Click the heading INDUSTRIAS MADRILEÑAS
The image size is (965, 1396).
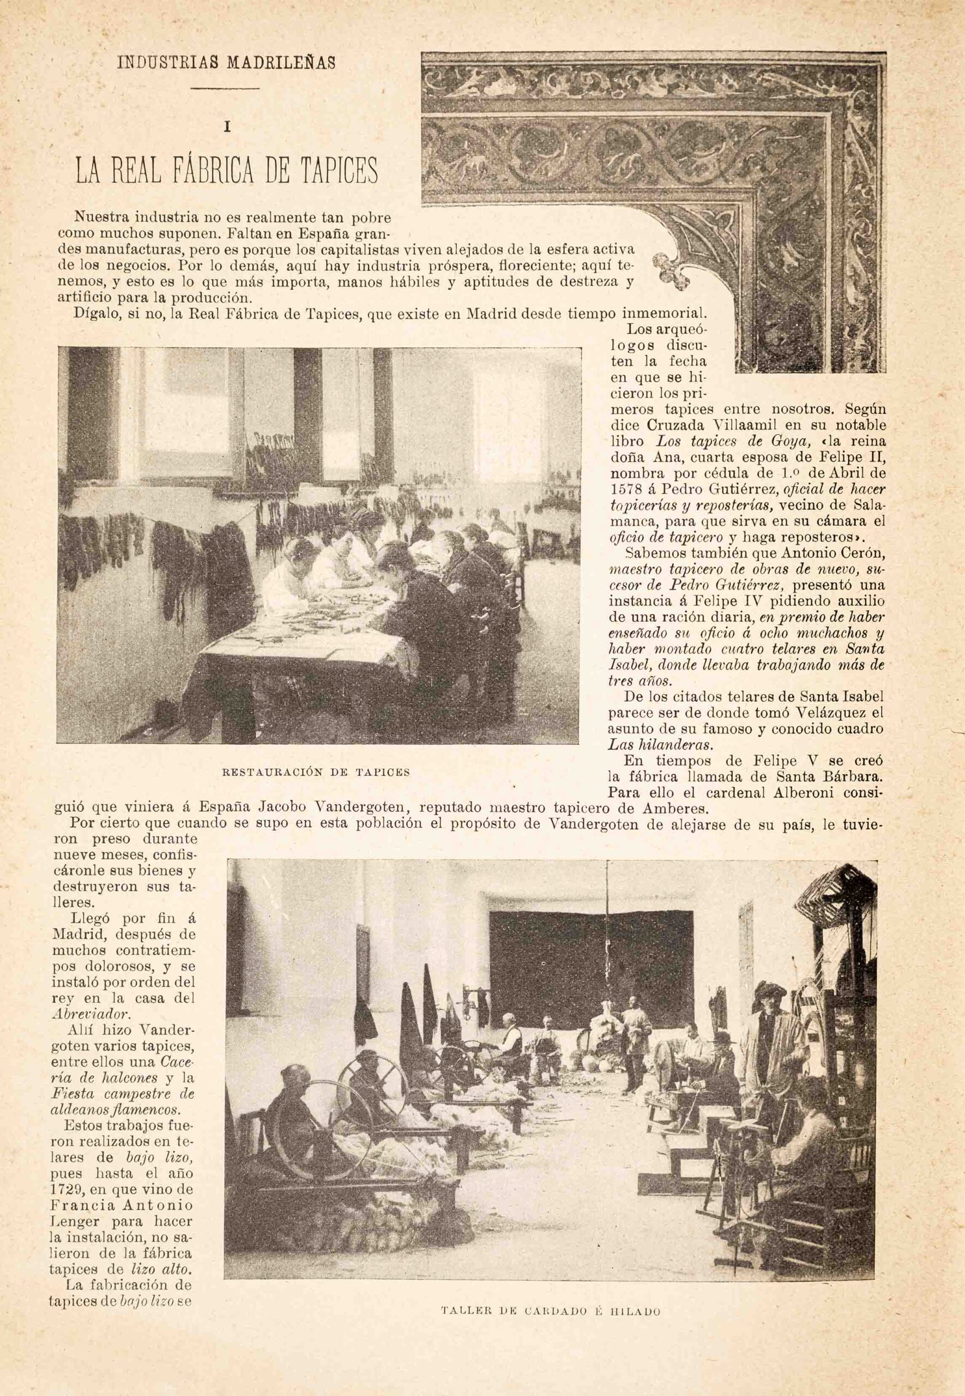226,63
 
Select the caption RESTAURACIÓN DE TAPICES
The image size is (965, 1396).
316,772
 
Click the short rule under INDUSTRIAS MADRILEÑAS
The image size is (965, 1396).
226,89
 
